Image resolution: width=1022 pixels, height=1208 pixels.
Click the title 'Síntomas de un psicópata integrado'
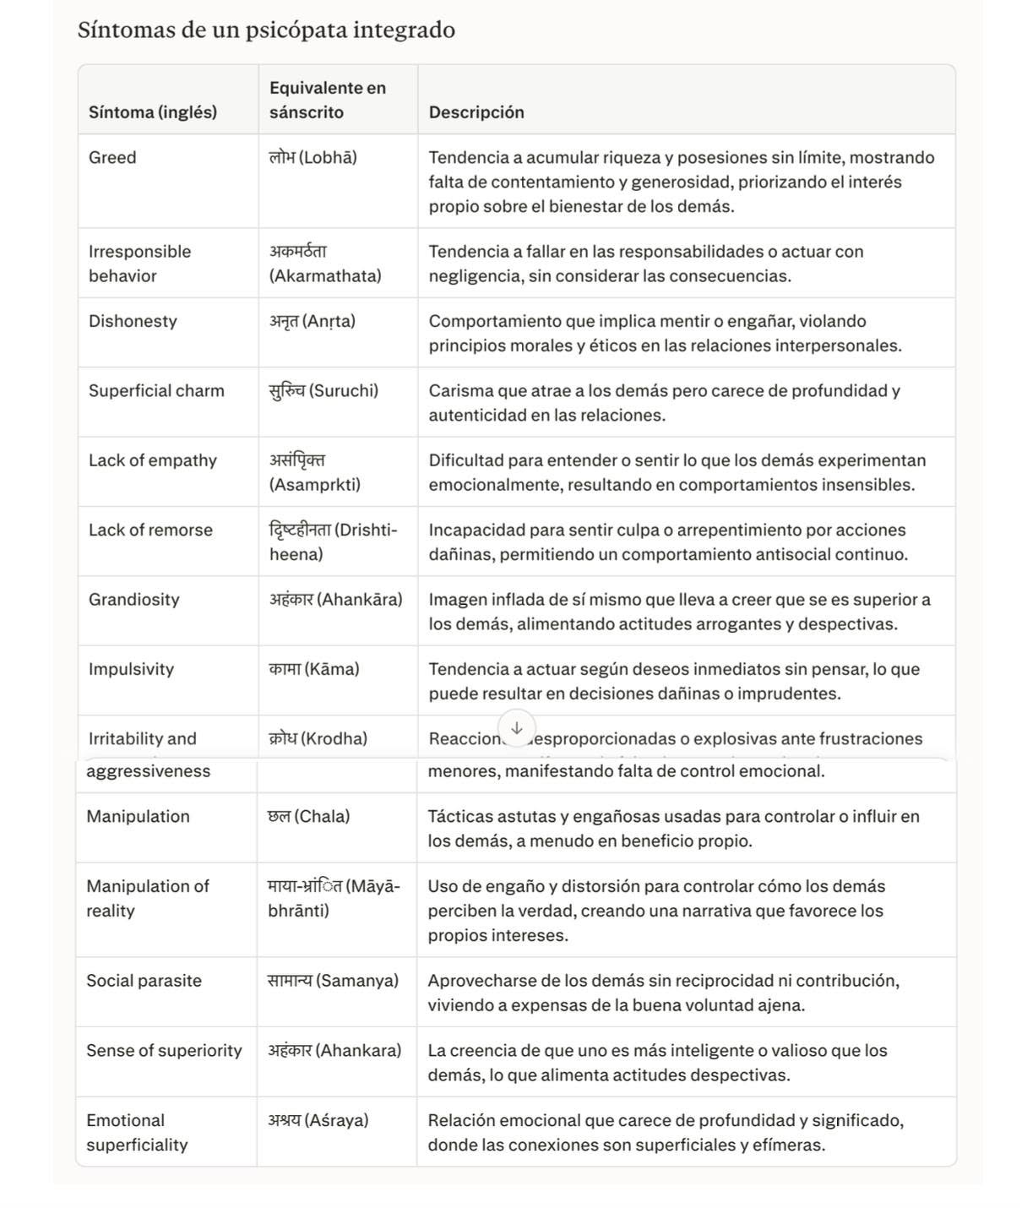pos(266,30)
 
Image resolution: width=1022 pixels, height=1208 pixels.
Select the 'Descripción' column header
pos(476,112)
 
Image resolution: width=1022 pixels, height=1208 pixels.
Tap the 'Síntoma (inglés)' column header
pos(153,112)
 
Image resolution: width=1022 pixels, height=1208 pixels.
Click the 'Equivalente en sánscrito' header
pos(328,100)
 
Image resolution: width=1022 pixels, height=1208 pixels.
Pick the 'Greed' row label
pos(112,157)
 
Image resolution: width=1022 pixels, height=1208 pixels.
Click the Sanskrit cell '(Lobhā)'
pos(313,157)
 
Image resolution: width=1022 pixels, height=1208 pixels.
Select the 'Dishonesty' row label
pos(133,321)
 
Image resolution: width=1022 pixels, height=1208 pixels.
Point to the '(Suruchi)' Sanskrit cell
pos(323,390)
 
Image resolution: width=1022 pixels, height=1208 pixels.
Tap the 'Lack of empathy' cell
pos(153,460)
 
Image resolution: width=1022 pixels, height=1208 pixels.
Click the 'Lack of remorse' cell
pos(150,530)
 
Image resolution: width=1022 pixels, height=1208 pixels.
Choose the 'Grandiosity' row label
pos(134,600)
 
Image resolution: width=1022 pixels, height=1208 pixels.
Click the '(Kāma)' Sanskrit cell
pos(314,669)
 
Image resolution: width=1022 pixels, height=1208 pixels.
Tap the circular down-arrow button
pos(517,727)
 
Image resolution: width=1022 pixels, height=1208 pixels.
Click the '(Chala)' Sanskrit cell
pos(308,816)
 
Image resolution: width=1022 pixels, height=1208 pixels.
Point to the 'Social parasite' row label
pos(144,981)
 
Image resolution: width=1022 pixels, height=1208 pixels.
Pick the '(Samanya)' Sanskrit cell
pos(333,981)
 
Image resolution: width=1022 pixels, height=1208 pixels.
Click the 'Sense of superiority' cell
pos(164,1051)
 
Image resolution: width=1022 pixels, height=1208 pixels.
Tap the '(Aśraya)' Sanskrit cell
pos(318,1120)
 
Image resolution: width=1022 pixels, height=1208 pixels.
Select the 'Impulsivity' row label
pos(131,669)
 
